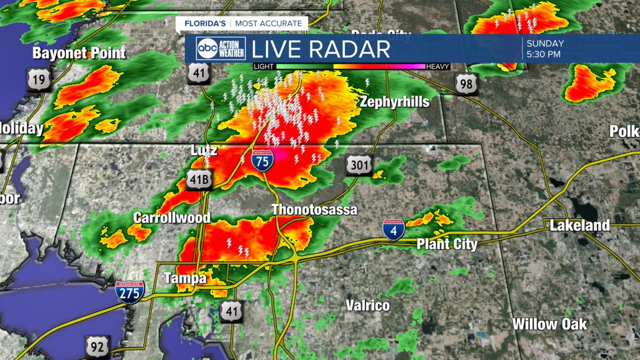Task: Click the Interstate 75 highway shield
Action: click(262, 160)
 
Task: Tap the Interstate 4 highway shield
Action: click(393, 229)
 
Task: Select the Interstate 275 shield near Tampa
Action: click(130, 292)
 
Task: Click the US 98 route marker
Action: click(466, 84)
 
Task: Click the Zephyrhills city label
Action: click(394, 102)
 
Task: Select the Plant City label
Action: click(446, 244)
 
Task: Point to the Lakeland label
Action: click(579, 226)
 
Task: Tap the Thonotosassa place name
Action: click(314, 210)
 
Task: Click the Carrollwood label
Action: click(172, 218)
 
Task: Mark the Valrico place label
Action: click(367, 306)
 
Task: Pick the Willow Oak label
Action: click(549, 324)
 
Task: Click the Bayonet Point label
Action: click(79, 53)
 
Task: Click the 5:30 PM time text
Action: click(543, 54)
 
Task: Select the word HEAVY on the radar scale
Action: click(437, 67)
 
